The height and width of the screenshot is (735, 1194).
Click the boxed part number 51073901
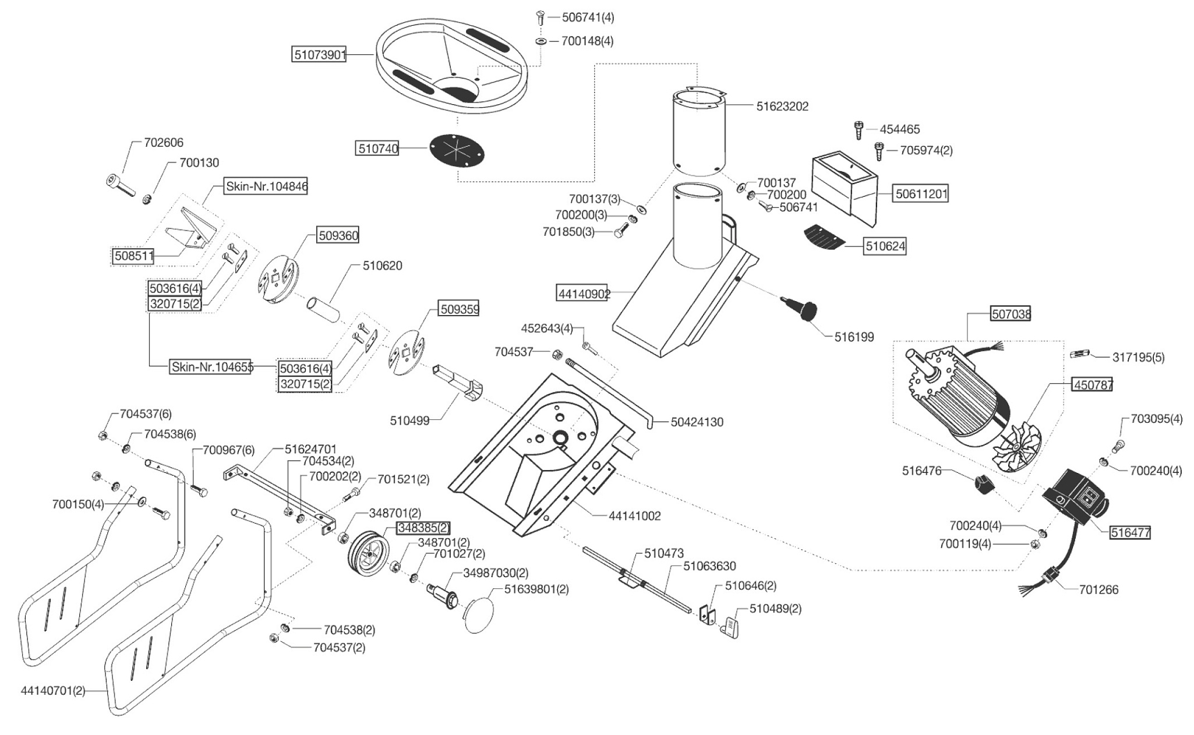319,55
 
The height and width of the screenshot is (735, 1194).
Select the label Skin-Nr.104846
266,186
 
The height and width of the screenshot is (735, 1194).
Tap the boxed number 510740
378,149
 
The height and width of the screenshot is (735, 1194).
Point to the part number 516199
854,337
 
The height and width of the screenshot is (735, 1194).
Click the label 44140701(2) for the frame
53,690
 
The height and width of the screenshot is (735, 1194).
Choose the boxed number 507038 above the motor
1011,314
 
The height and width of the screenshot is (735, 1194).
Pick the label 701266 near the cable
1098,589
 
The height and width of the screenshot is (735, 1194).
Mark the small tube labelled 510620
324,310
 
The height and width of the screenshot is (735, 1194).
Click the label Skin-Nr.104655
212,367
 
